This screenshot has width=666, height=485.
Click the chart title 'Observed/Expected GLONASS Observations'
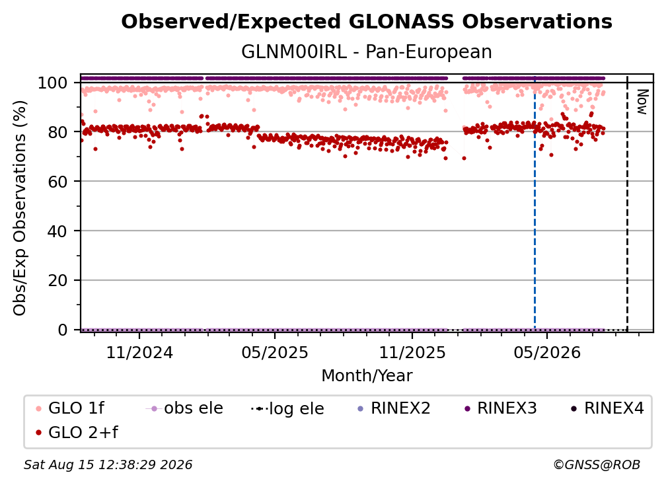coord(367,22)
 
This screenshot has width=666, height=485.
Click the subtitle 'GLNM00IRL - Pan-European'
coord(367,52)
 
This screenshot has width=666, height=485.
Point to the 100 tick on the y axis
coord(53,83)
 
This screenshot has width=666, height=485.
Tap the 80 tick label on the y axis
coord(57,132)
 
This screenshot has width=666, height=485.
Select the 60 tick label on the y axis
coord(57,182)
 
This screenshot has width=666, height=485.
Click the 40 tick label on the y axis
coord(57,231)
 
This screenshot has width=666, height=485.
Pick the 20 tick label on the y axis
coord(57,280)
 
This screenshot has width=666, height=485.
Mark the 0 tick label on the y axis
coord(63,330)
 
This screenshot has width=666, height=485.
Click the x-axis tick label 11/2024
coord(139,352)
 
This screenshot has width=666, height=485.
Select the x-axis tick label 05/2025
coord(275,352)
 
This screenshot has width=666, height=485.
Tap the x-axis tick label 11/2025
coord(412,352)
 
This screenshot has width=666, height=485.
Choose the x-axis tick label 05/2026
coord(547,352)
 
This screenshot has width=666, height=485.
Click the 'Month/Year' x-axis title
coord(367,375)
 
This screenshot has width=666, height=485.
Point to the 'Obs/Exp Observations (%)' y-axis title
coord(20,207)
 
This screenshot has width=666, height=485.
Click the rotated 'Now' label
coord(642,102)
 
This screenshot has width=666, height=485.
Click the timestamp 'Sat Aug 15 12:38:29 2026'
coord(108,465)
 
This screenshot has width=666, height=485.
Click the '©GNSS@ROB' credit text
coord(597,465)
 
